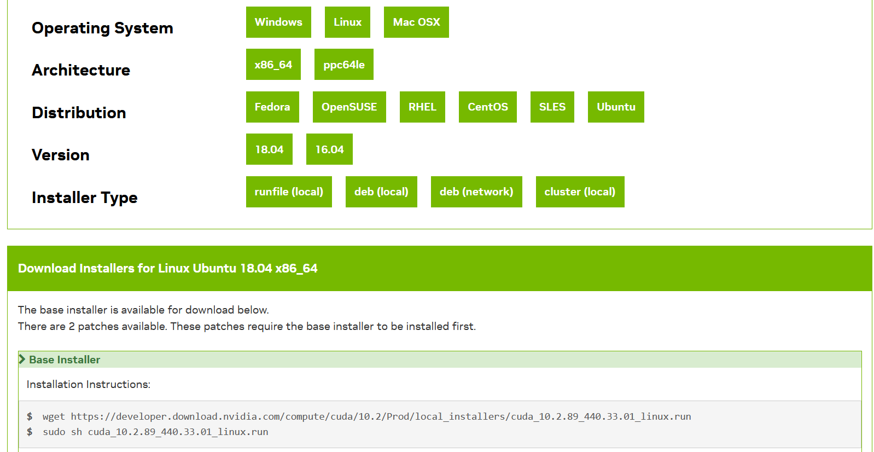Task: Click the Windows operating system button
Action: click(278, 22)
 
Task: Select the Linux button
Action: click(347, 22)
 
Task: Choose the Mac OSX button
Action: click(416, 22)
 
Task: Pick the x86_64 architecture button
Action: click(273, 65)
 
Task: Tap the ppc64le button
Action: click(343, 65)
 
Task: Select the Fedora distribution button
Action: click(272, 107)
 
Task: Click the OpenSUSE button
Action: click(349, 107)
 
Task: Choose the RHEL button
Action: click(422, 107)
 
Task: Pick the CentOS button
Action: click(487, 107)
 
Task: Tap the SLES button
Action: click(552, 107)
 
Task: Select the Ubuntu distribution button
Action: click(616, 107)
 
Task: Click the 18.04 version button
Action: click(269, 149)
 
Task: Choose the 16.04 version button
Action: click(329, 149)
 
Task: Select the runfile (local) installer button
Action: click(289, 192)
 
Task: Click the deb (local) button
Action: click(381, 192)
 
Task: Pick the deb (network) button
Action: click(476, 192)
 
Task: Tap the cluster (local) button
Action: click(580, 192)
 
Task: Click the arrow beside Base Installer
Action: click(22, 360)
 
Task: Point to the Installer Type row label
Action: click(85, 198)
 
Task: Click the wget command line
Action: click(366, 416)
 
